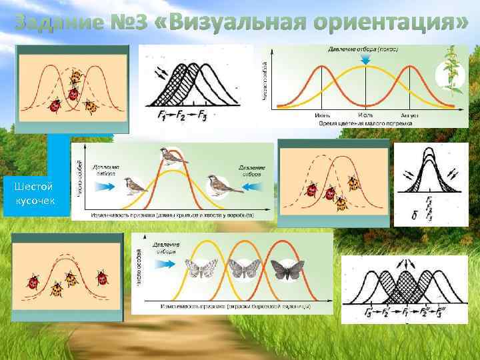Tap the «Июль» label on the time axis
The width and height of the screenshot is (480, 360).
[365, 115]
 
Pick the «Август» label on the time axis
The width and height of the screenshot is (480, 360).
[409, 115]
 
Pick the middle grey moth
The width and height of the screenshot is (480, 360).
[241, 269]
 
